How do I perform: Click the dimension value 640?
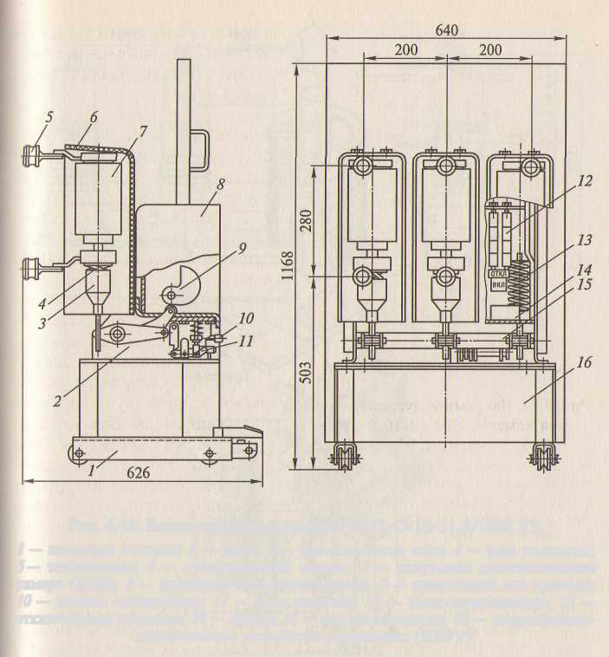447,29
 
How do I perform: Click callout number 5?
49,115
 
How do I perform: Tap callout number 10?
246,318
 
